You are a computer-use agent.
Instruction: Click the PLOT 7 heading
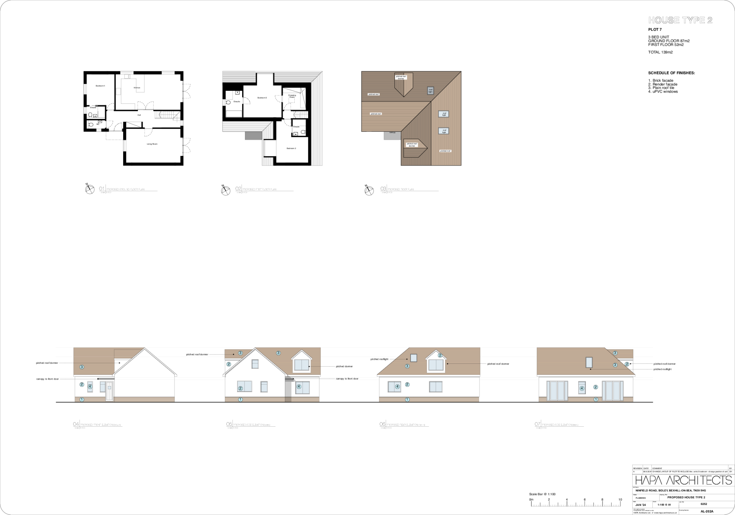point(655,29)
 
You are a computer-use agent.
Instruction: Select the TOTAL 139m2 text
point(660,52)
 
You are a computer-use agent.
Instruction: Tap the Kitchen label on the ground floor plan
point(137,88)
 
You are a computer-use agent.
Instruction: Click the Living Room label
point(152,144)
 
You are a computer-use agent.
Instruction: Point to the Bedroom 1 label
point(100,86)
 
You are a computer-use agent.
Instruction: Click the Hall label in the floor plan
point(139,115)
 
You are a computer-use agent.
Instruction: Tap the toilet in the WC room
point(91,125)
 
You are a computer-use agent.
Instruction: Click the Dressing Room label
point(292,96)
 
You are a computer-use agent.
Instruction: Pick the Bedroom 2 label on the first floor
point(291,148)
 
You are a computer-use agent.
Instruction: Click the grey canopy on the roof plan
point(392,135)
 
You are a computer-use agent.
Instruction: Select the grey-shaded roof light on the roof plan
point(430,91)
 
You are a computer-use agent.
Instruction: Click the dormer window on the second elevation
point(302,365)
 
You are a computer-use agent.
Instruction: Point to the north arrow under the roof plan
point(369,191)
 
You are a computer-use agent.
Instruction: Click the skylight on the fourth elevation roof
point(589,362)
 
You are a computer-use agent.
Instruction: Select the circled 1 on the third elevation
point(407,399)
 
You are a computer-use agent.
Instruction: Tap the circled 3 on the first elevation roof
point(82,367)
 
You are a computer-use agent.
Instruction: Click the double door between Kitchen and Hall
point(146,105)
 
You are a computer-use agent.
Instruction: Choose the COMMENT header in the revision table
point(657,468)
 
